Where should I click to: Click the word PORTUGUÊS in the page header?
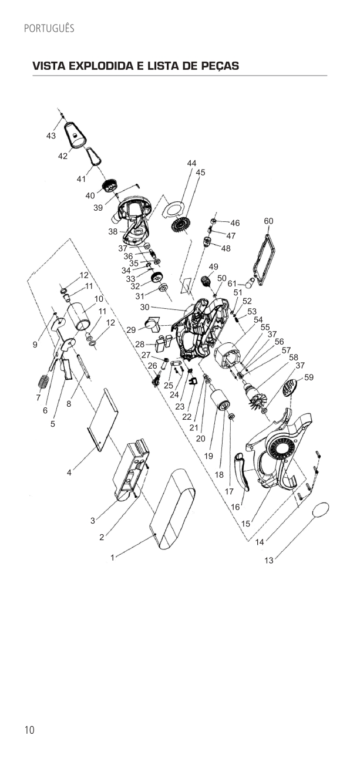pos(49,28)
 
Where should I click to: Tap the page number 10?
pos(29,730)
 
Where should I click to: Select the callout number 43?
pos(51,136)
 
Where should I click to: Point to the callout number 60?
pos(268,221)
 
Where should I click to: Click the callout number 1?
pos(112,558)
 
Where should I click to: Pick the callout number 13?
pos(268,561)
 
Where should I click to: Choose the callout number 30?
pos(144,307)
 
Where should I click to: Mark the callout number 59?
pos(309,377)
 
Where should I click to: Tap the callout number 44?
pos(191,163)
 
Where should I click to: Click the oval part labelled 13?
pos(321,510)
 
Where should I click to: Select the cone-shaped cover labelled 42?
pos(75,134)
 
